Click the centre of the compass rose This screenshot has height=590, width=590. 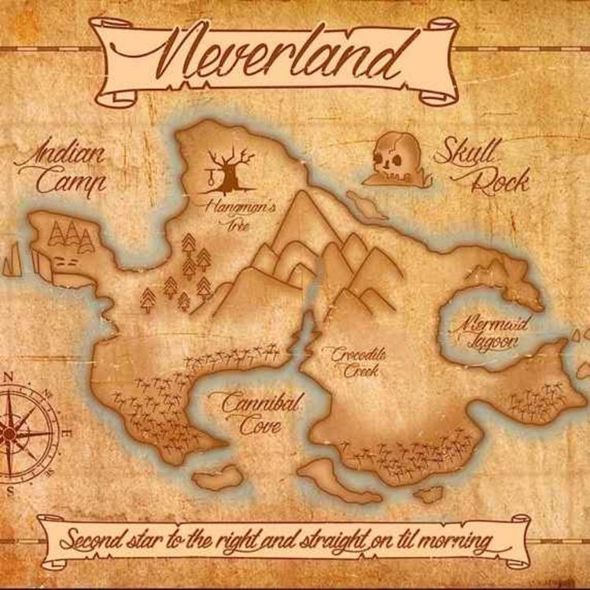[x=8, y=432]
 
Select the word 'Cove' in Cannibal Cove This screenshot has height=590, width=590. [x=261, y=427]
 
